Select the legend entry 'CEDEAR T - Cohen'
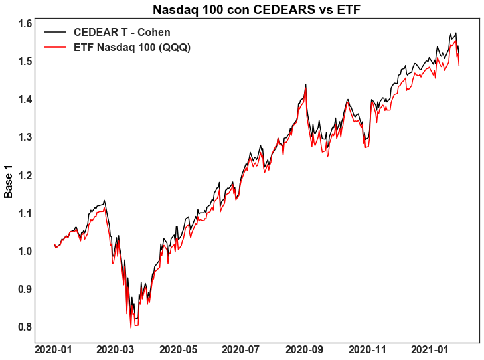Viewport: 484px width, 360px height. (122, 33)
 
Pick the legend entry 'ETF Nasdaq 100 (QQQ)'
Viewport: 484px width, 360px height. (132, 48)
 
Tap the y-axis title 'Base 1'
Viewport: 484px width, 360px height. (9, 180)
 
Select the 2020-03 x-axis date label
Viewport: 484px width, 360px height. (116, 350)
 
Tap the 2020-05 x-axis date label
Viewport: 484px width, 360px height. (179, 350)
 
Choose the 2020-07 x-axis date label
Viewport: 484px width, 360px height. (242, 350)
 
